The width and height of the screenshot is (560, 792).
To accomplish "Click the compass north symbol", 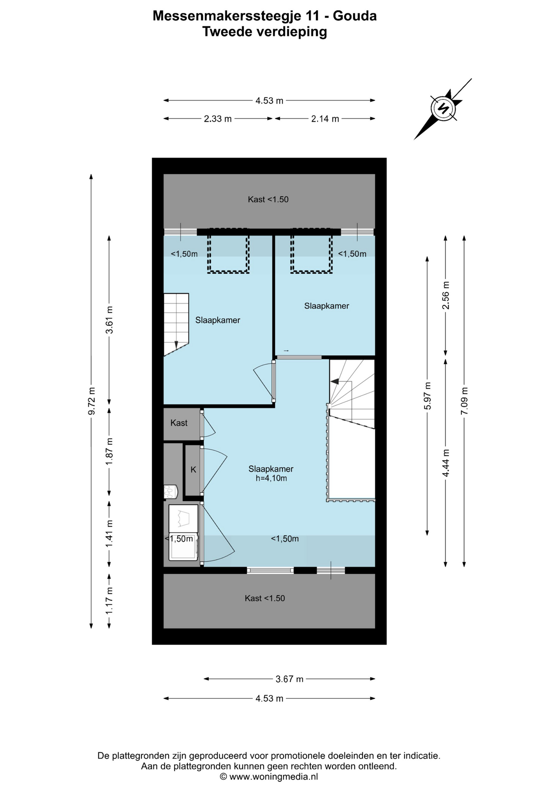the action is point(443,108).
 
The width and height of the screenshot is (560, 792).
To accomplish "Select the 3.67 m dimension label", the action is point(289,679).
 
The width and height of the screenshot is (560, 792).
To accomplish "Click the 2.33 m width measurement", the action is point(218,119).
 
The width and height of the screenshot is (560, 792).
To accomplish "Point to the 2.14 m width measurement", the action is point(325,119).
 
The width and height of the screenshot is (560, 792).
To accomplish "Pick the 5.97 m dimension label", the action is point(428,396).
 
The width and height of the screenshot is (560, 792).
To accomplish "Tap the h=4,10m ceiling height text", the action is point(271,478).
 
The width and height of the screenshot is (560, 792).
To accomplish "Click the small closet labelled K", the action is point(193,470).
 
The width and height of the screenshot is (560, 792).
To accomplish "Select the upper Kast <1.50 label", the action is point(268,199).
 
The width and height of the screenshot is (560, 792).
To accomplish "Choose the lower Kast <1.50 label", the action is point(265,598).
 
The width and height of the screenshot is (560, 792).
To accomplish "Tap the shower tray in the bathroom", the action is point(183,519).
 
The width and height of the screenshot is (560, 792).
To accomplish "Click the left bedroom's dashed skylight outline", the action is point(228,251).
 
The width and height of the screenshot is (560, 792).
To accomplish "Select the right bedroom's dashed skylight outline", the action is point(311,251).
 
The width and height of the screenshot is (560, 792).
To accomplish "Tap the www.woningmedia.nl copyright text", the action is point(269,777).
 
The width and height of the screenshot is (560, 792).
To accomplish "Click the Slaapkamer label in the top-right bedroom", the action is point(327,306).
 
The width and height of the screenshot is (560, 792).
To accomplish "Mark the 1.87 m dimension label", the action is point(109,452).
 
